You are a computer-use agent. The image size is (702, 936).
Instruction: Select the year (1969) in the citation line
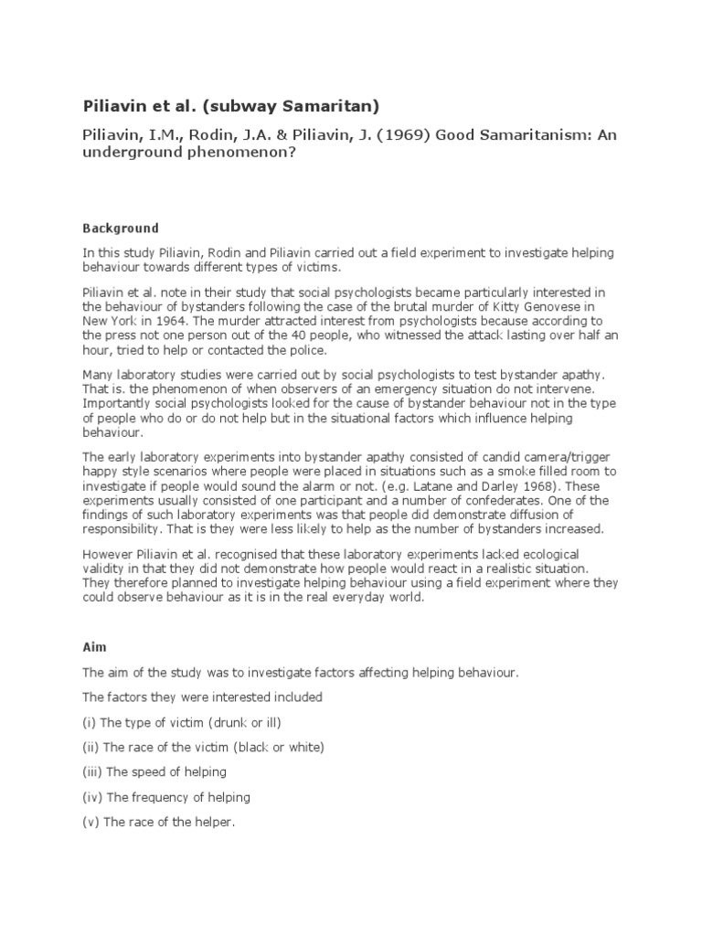click(399, 134)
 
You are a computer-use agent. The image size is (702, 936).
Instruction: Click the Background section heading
click(121, 228)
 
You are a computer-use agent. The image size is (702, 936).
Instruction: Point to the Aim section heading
click(94, 646)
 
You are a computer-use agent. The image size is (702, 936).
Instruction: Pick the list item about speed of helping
click(156, 771)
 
